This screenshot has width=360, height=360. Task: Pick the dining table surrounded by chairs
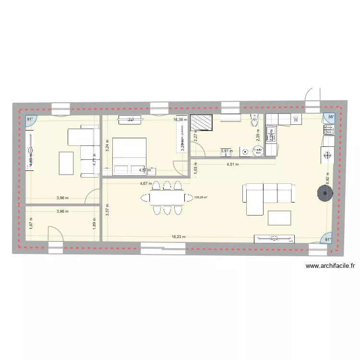pyautogui.click(x=163, y=197)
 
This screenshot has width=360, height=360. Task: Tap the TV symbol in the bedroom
pyautogui.click(x=131, y=119)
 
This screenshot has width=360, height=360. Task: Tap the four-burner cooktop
pyautogui.click(x=329, y=130)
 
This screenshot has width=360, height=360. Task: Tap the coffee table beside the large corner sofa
pyautogui.click(x=279, y=217)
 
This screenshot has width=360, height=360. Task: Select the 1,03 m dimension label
pyautogui.click(x=195, y=169)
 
